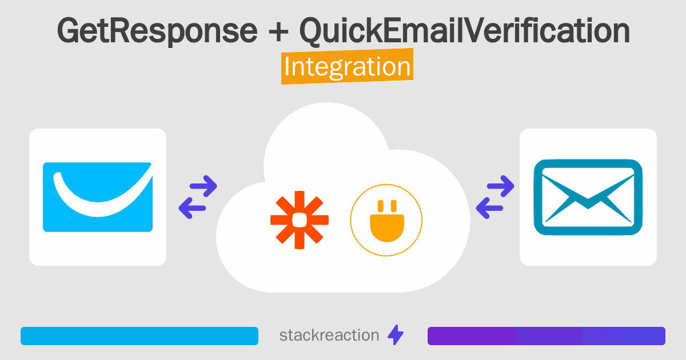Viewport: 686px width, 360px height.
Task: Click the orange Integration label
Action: (347, 67)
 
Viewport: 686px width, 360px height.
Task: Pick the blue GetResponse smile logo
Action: (98, 197)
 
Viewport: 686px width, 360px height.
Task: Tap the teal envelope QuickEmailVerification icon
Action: (588, 197)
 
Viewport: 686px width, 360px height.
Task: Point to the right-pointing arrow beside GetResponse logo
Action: (203, 186)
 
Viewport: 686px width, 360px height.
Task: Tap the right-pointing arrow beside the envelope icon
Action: (501, 186)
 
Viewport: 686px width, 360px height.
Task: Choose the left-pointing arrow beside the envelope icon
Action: (489, 208)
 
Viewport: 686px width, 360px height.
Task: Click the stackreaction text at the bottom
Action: (329, 335)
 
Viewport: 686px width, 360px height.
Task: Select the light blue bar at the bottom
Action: (139, 335)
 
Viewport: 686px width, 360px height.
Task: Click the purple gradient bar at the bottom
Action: (546, 335)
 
